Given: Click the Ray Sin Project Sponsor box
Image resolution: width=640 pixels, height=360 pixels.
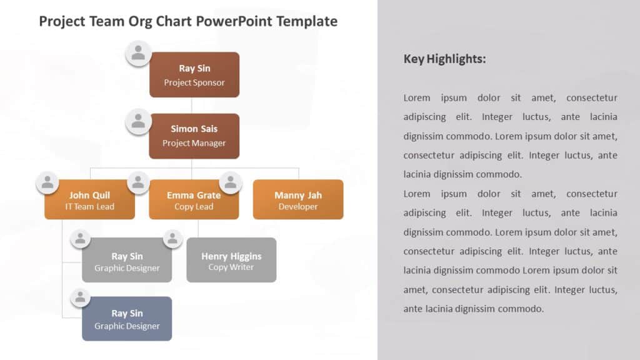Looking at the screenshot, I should [x=194, y=75].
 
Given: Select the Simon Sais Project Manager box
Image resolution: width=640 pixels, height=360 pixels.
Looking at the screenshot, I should [x=194, y=136].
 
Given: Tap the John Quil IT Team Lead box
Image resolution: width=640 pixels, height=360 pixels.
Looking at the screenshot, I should [x=89, y=200].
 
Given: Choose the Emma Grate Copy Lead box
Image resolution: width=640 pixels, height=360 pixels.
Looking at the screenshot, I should [x=194, y=200].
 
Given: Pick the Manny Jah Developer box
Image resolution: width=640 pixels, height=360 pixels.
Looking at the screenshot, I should [x=298, y=200].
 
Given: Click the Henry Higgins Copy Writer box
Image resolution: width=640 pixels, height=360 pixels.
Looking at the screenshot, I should [x=231, y=261].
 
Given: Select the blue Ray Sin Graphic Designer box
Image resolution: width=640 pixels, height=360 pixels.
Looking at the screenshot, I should [x=127, y=319].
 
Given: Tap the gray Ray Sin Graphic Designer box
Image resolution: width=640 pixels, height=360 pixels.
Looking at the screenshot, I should [x=127, y=261].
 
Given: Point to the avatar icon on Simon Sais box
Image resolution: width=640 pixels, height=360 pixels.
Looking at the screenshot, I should [x=138, y=121].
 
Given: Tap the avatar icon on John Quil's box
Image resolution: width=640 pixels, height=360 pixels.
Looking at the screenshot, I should [x=47, y=182].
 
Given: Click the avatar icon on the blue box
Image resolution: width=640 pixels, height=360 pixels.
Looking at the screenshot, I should [x=80, y=297].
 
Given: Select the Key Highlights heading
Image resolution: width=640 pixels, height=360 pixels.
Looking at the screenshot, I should [x=444, y=59].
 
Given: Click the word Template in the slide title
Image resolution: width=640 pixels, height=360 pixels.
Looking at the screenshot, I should [x=306, y=21].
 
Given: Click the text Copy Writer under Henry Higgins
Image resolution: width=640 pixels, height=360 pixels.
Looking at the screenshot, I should [x=231, y=267].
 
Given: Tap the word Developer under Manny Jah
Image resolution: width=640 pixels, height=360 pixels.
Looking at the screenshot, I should [x=298, y=207].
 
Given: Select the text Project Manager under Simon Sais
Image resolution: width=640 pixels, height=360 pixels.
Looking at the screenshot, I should [x=194, y=143].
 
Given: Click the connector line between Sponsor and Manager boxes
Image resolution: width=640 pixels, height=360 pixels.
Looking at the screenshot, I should [x=192, y=105].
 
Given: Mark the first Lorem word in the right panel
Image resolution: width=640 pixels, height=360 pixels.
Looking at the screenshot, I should [x=417, y=98].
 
